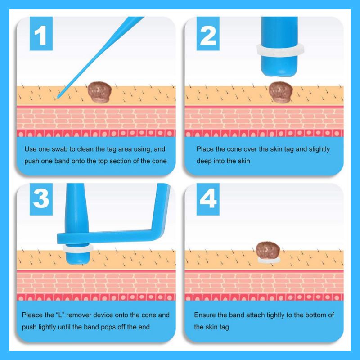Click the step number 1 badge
click(41, 33)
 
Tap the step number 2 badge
click(208, 33)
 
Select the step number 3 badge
click(41, 199)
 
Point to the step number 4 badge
click(208, 199)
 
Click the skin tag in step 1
click(99, 92)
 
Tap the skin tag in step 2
click(280, 92)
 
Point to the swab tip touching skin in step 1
click(58, 97)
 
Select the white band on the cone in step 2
click(280, 50)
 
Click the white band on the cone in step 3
click(78, 248)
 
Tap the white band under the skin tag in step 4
click(269, 260)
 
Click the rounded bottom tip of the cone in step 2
click(279, 73)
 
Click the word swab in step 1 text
click(60, 149)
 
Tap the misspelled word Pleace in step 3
click(32, 315)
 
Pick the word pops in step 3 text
click(108, 327)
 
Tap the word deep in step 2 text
click(204, 161)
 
